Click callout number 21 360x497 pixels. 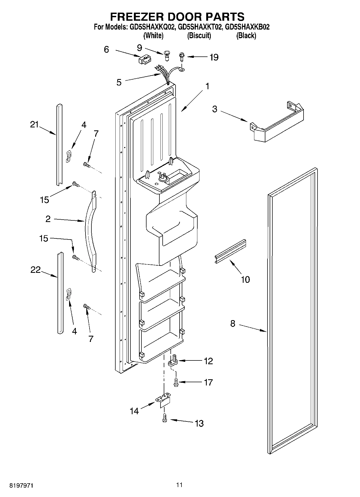click(34, 124)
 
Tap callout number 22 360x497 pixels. click(35, 270)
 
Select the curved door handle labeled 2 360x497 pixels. click(89, 231)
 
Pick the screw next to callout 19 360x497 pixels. click(181, 57)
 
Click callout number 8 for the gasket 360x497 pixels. click(233, 324)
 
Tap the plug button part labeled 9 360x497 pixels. click(166, 56)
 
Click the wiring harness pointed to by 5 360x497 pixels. click(164, 74)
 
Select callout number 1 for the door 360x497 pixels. click(207, 86)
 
